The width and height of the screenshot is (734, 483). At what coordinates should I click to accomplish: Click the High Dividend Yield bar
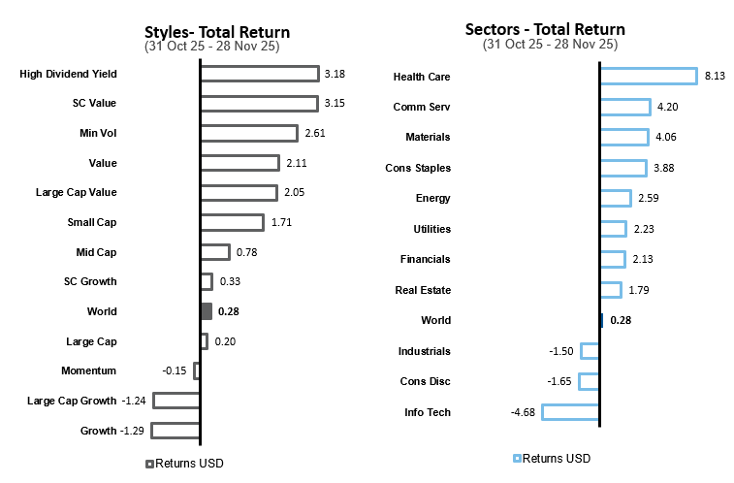259,74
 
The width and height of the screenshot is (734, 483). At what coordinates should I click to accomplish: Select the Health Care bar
648,76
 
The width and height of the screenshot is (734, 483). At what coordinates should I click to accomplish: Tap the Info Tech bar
570,412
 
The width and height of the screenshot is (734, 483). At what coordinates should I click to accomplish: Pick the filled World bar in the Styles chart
206,311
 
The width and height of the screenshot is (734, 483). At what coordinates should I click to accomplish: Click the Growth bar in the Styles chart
176,430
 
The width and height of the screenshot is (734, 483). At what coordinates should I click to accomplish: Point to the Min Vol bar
248,133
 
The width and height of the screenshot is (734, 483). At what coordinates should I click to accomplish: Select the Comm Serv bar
625,107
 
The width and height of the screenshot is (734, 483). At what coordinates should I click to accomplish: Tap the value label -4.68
524,412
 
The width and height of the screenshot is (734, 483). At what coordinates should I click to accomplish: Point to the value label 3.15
335,103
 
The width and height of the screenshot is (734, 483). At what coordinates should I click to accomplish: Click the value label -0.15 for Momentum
176,370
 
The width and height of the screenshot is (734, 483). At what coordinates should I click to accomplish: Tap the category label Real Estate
423,290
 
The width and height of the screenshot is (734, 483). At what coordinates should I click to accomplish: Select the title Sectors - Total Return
544,29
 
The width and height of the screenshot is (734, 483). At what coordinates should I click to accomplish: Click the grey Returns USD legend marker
149,464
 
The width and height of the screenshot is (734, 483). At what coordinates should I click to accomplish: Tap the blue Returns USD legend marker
518,458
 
